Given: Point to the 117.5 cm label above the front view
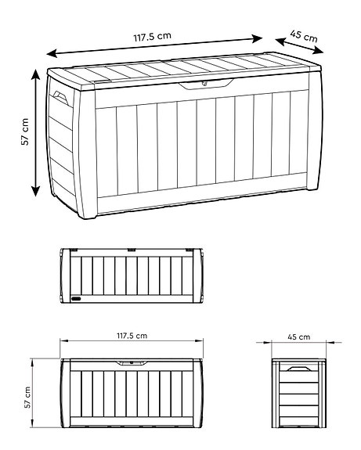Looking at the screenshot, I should pyautogui.click(x=132, y=336).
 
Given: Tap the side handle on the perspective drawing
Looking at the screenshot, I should pyautogui.click(x=60, y=99).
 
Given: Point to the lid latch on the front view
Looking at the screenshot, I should pyautogui.click(x=132, y=363).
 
